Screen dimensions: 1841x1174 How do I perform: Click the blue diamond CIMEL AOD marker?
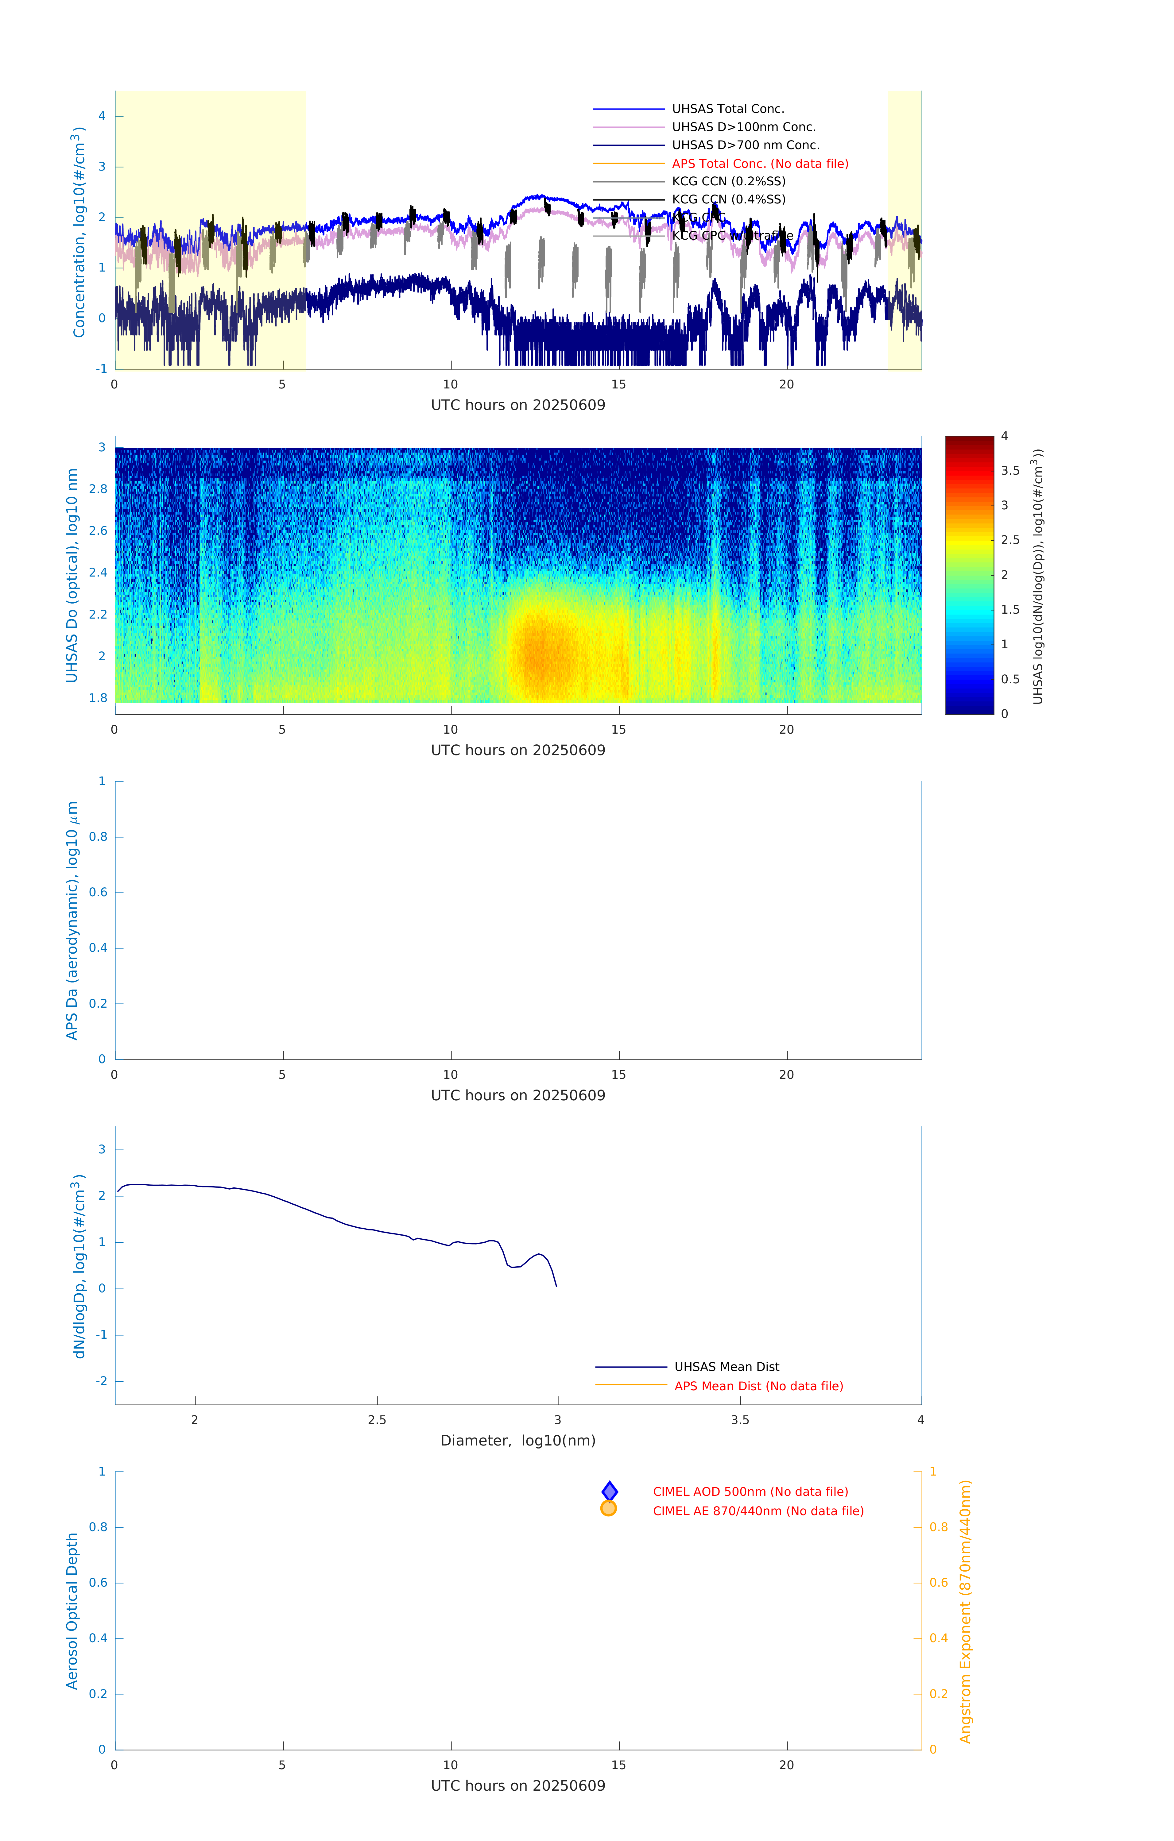(x=610, y=1491)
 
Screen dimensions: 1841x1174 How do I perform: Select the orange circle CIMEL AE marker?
(x=609, y=1508)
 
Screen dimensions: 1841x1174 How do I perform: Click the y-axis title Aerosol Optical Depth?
(x=73, y=1610)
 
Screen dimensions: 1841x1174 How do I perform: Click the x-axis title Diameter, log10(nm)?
(x=518, y=1440)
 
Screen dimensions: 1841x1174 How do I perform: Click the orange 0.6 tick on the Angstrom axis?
(x=939, y=1583)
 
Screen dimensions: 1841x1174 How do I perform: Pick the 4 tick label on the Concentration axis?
(x=102, y=116)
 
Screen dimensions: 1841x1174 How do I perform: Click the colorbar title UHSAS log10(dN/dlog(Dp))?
(x=1038, y=576)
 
